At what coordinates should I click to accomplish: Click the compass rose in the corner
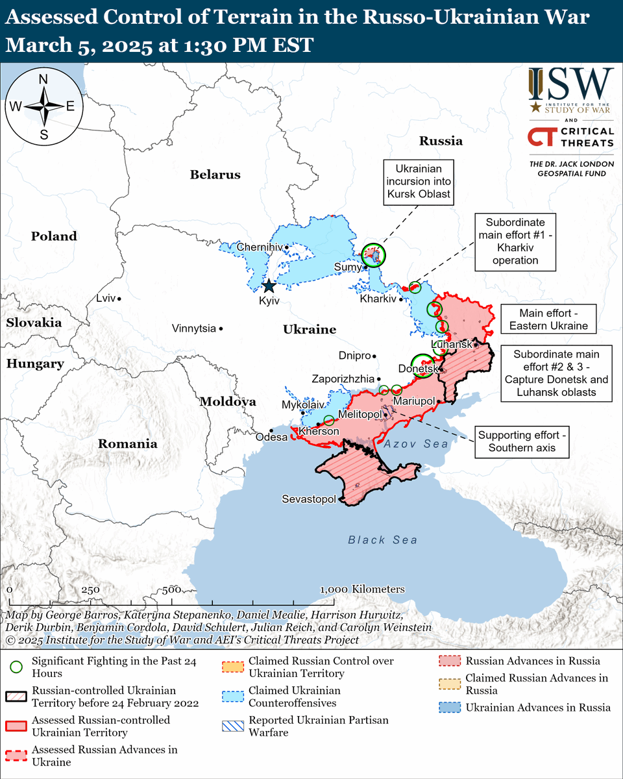(x=43, y=106)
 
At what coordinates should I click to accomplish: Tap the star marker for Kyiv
(x=269, y=286)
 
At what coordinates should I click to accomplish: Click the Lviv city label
(x=105, y=298)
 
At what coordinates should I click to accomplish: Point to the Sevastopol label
(x=309, y=499)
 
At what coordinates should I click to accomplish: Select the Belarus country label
(x=215, y=175)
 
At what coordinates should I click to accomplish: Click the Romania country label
(x=127, y=444)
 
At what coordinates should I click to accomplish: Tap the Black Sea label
(x=382, y=540)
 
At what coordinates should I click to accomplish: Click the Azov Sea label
(x=415, y=444)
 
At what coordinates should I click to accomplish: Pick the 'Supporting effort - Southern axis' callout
(x=522, y=441)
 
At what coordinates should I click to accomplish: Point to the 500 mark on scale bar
(x=171, y=589)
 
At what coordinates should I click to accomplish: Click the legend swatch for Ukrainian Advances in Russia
(x=448, y=708)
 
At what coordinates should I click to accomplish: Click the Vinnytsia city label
(x=193, y=328)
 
